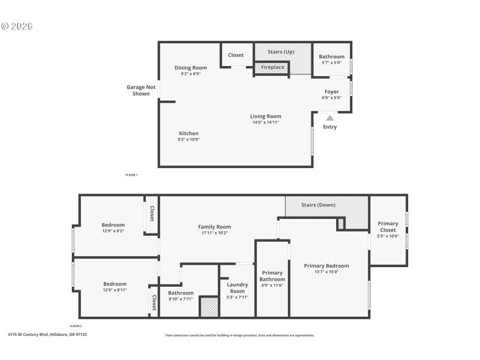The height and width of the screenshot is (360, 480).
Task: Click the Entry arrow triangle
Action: (330, 118)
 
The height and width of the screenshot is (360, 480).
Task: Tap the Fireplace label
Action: (272, 67)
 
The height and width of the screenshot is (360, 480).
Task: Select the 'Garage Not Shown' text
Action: (141, 90)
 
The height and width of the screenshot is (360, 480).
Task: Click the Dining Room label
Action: (191, 68)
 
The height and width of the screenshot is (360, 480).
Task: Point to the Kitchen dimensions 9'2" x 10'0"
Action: (188, 139)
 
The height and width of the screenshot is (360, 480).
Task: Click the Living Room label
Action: (265, 116)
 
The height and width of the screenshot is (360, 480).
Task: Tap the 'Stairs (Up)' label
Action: (281, 52)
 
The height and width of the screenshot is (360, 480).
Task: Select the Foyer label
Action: (332, 92)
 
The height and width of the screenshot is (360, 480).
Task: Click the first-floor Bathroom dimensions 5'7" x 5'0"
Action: (332, 62)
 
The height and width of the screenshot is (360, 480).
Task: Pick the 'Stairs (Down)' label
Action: (318, 205)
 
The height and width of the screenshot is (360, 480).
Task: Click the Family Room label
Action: (214, 227)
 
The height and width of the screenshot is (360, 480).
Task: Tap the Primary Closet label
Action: (388, 227)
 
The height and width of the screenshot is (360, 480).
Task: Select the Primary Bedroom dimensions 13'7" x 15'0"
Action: (326, 272)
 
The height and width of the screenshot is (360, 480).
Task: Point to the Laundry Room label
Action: (238, 287)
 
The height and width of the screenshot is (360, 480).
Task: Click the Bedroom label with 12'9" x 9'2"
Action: (113, 225)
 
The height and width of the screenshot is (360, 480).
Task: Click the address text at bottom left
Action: (47, 334)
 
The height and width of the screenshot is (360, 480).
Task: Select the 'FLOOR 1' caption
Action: (131, 175)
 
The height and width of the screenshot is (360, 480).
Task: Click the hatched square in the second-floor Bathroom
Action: (209, 307)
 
